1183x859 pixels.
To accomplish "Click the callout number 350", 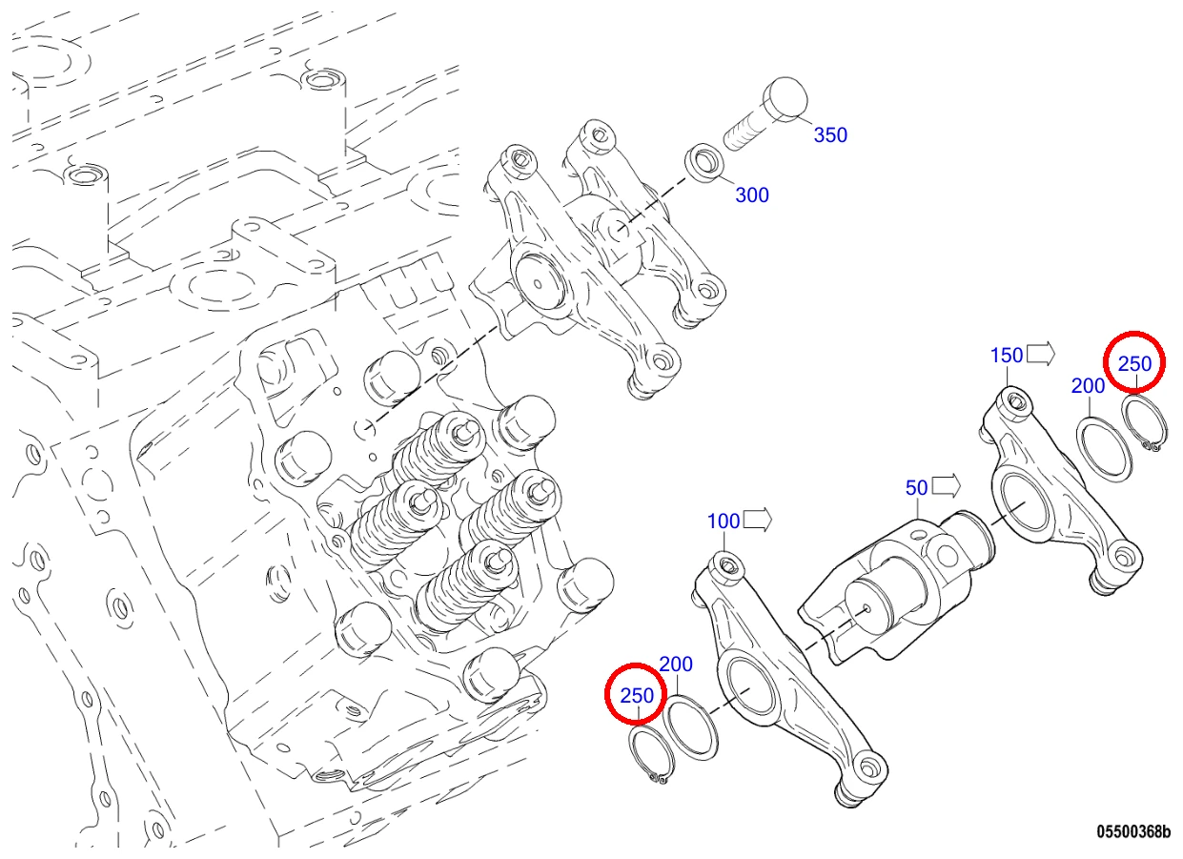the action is pyautogui.click(x=830, y=135).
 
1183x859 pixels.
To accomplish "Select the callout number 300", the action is pyautogui.click(x=752, y=195).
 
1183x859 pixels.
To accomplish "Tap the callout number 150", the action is pyautogui.click(x=1007, y=356).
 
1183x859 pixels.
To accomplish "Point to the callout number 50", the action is pyautogui.click(x=916, y=487).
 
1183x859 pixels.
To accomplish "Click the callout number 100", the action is pyautogui.click(x=723, y=522).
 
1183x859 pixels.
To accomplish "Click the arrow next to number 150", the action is pyautogui.click(x=1040, y=354).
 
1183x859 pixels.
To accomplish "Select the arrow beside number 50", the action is pyautogui.click(x=946, y=486).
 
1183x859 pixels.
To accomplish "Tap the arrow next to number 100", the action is pyautogui.click(x=757, y=521).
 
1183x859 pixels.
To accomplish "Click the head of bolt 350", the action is pyautogui.click(x=785, y=101).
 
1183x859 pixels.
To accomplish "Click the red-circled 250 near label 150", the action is pyautogui.click(x=1134, y=364).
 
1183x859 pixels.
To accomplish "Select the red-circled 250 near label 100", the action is pyautogui.click(x=637, y=696).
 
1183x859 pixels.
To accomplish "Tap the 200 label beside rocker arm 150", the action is pyautogui.click(x=1088, y=386).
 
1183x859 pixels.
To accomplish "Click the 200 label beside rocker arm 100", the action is pyautogui.click(x=676, y=665).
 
